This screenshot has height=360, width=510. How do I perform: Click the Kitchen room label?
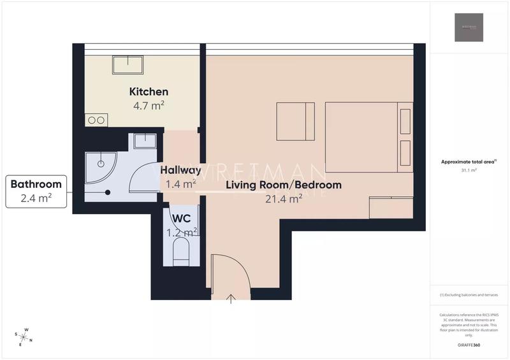[x=149, y=92]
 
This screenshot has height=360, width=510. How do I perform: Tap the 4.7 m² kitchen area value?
[x=149, y=105]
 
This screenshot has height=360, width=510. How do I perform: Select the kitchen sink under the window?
[x=127, y=65]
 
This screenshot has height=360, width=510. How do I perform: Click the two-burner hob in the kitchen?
[x=96, y=120]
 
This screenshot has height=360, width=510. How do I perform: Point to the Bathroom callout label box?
[x=36, y=191]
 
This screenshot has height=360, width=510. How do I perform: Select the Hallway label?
[x=181, y=171]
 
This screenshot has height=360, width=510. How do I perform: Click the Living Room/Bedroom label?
[x=284, y=185]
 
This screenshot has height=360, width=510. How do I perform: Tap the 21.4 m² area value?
[x=284, y=199]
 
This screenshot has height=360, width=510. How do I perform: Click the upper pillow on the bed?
[x=405, y=120]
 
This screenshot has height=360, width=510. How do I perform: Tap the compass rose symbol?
[x=24, y=336]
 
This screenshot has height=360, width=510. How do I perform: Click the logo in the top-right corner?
[x=469, y=27]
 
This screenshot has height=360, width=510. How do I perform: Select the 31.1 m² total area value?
[x=469, y=171]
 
